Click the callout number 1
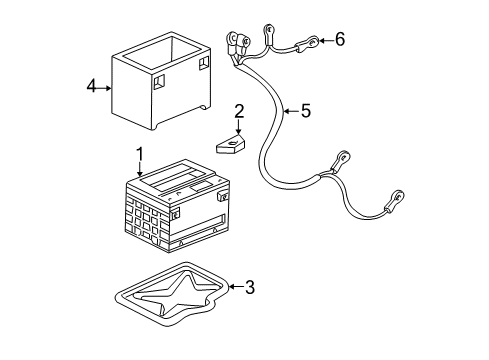point(141,155)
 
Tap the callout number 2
point(238,110)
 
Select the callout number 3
point(250,288)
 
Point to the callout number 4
point(91,87)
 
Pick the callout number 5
point(305,111)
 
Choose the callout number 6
point(339,39)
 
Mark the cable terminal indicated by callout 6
point(312,42)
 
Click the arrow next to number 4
point(107,88)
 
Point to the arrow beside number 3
point(234,288)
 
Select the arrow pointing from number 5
point(288,111)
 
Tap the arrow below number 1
point(141,170)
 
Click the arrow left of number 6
point(324,40)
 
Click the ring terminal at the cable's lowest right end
point(397,199)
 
